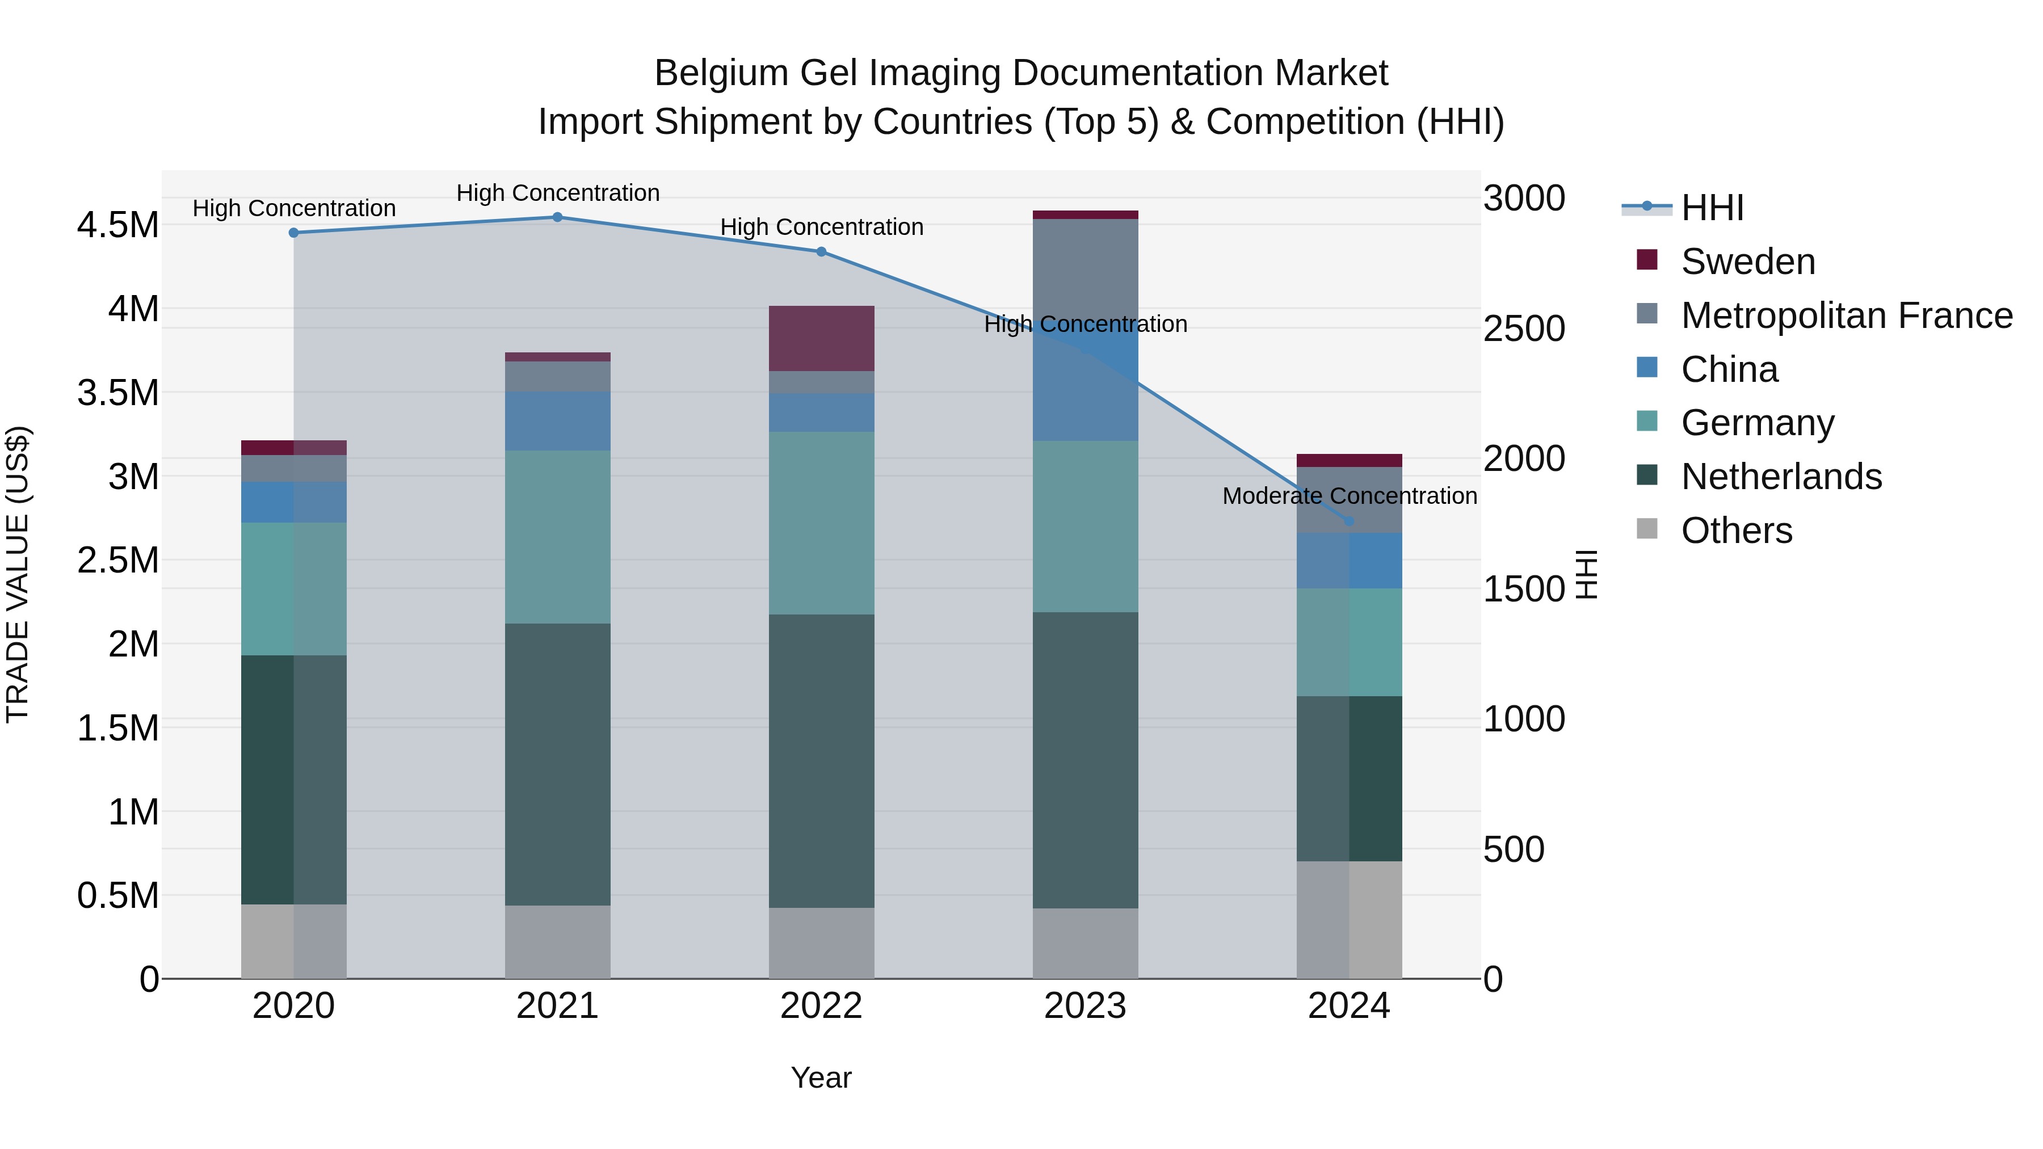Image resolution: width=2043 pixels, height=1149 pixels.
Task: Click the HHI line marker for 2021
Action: [x=557, y=217]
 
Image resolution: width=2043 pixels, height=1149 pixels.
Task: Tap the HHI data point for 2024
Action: [x=1349, y=521]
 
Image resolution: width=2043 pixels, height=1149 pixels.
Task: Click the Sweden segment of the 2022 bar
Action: [x=822, y=339]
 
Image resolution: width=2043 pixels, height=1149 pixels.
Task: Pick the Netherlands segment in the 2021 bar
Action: [x=557, y=764]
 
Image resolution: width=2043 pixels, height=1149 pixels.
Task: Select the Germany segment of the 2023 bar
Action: [x=1085, y=526]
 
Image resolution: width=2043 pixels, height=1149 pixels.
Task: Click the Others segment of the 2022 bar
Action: [x=822, y=943]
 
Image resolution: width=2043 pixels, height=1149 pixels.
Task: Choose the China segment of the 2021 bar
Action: [x=557, y=420]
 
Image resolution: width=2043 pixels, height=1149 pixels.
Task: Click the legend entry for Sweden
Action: [x=1747, y=262]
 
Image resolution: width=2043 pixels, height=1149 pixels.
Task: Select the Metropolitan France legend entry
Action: [x=1846, y=315]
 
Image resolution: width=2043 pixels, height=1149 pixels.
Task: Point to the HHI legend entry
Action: [x=1712, y=208]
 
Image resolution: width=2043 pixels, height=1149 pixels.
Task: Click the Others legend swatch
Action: [x=1647, y=529]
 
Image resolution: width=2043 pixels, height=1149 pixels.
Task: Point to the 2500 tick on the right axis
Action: [x=1524, y=329]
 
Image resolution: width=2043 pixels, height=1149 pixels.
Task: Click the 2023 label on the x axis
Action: [x=1085, y=1006]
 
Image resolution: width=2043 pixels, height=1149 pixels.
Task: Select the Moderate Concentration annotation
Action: [x=1349, y=495]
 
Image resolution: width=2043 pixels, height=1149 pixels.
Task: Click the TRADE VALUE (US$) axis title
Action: [x=18, y=574]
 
